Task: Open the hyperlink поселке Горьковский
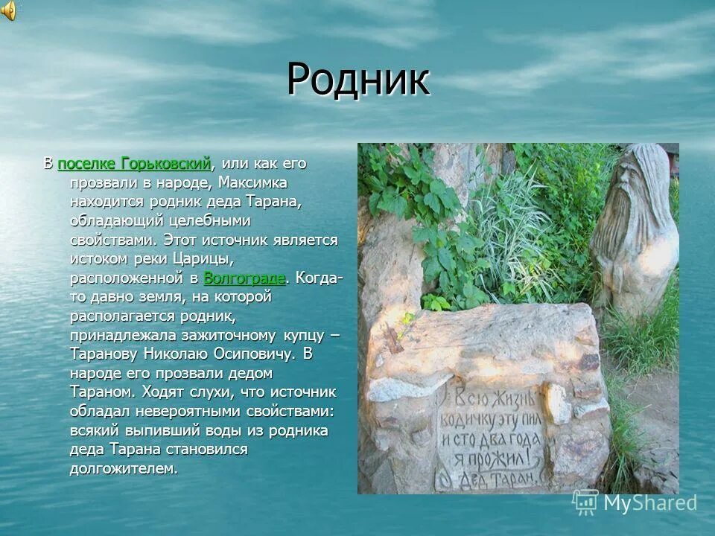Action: coord(134,163)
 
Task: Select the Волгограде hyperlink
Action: coord(244,278)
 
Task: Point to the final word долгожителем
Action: coord(124,468)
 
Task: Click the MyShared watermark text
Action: coord(649,503)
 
